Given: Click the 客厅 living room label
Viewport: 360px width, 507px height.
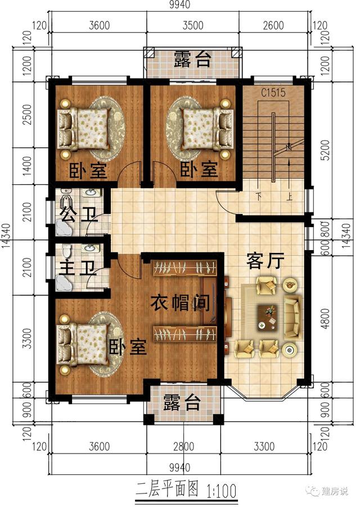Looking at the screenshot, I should [x=265, y=260].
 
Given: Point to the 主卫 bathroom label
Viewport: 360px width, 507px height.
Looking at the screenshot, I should [x=76, y=268].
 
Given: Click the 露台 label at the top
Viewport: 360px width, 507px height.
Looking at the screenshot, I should [x=192, y=59].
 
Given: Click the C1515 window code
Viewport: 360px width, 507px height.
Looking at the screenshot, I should [x=272, y=92].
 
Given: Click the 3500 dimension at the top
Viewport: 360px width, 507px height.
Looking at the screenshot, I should [x=193, y=26].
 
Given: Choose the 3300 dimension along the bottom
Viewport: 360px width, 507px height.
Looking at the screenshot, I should [x=264, y=447].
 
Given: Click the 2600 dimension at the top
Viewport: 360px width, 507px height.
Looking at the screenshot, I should [x=273, y=26].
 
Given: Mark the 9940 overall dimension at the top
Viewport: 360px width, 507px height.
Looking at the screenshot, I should [x=178, y=5].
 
